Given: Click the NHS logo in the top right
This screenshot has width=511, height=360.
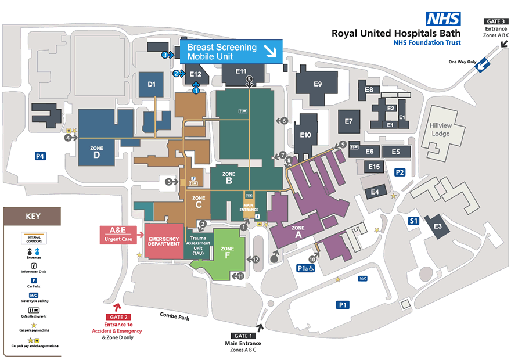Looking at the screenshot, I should [444, 19].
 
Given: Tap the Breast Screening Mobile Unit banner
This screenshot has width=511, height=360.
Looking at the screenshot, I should [231, 52].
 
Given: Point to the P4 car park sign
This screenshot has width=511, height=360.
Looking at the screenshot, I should [40, 156].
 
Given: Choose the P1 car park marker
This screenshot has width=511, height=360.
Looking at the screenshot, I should [343, 304].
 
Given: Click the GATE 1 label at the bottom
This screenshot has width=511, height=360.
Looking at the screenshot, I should [243, 336].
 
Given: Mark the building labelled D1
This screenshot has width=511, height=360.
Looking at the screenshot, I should [152, 85].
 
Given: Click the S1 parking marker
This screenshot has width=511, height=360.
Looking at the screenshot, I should [413, 221].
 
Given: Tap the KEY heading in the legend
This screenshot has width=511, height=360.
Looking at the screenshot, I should [33, 217].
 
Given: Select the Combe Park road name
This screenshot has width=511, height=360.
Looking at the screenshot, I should [175, 315].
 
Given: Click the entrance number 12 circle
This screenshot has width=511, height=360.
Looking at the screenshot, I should [255, 259].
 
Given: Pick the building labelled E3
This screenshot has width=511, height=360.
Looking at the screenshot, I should [437, 226].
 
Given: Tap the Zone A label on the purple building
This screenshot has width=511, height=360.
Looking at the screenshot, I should [298, 232].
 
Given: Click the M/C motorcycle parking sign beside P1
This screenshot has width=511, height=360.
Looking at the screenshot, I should [363, 279].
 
